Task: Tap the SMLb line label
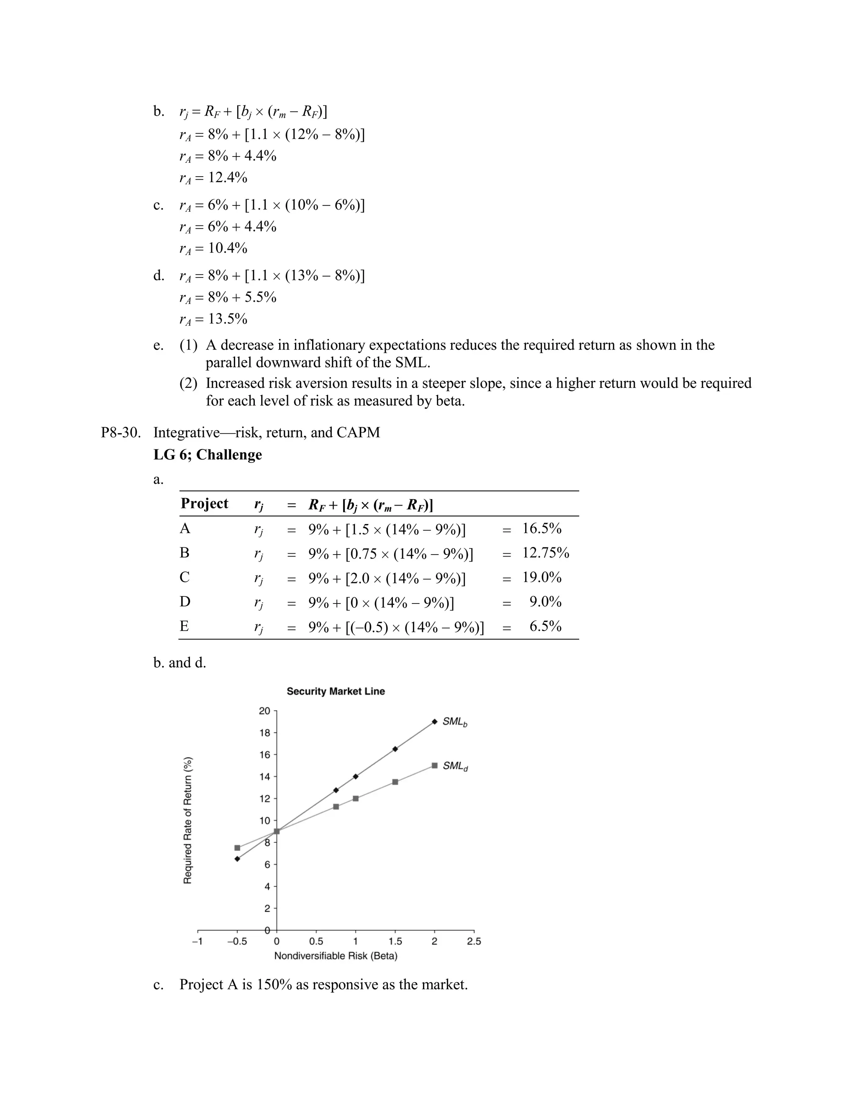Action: (454, 721)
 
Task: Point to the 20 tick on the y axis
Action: (264, 711)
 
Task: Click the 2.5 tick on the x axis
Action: (474, 942)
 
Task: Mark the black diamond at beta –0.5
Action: (237, 859)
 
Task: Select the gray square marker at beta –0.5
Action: (237, 847)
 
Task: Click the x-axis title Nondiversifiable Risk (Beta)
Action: (336, 956)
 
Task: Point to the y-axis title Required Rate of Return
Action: (187, 820)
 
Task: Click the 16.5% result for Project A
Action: (542, 529)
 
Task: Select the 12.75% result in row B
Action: (546, 553)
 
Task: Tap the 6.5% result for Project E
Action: (545, 626)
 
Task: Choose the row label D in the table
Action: (185, 602)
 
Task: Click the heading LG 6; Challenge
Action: (208, 454)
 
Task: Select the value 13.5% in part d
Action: (228, 319)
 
